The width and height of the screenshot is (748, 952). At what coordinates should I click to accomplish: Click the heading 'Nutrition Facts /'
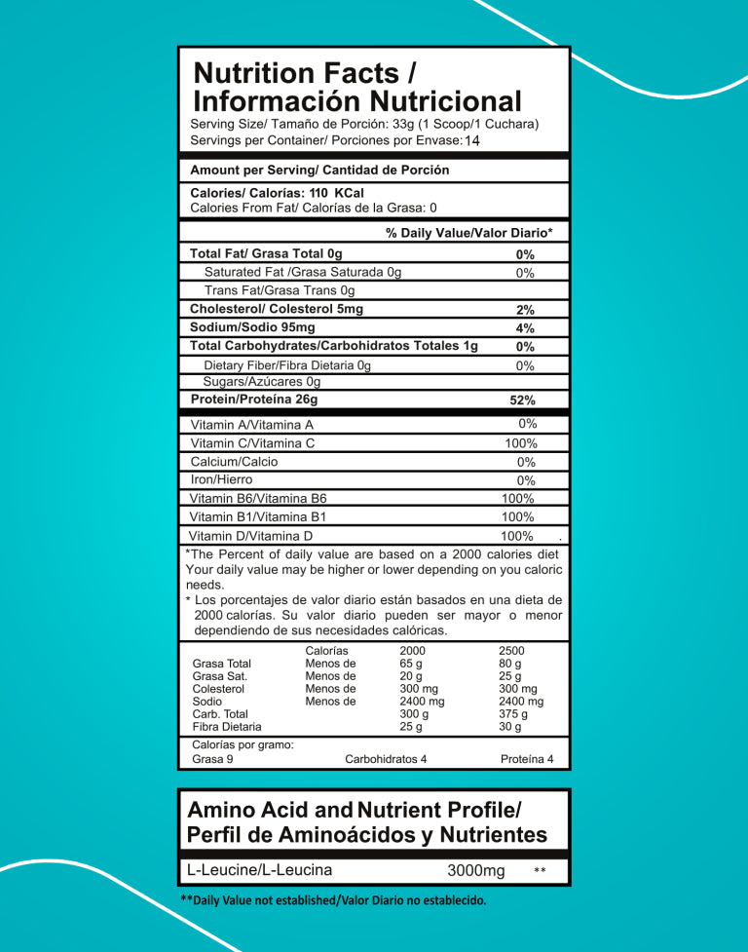296,73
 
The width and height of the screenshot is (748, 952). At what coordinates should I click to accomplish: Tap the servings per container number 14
472,141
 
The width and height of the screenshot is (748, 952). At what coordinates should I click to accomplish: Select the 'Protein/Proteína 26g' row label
254,400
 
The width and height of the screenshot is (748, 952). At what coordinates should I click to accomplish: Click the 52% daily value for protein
523,400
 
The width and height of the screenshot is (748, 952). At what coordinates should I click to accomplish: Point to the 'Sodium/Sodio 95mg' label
252,327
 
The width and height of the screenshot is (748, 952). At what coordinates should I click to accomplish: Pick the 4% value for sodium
525,328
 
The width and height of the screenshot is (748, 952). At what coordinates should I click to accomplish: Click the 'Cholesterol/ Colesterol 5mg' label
277,309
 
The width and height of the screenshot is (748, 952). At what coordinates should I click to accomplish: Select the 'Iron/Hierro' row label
221,479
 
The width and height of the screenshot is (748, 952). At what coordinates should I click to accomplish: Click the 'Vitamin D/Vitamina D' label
250,536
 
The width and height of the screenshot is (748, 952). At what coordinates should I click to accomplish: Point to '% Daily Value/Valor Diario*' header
469,233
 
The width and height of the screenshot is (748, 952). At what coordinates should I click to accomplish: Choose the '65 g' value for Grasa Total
411,664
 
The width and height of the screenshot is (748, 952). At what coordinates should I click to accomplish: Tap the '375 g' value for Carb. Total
509,713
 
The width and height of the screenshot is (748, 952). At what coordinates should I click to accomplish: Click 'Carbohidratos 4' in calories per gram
386,759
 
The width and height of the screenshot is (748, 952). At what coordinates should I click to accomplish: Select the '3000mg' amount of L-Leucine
475,870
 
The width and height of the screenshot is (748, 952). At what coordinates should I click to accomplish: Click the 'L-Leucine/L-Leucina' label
259,870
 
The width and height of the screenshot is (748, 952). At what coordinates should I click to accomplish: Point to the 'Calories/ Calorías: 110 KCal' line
277,193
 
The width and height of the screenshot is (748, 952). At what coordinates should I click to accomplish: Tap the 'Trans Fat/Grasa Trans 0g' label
280,290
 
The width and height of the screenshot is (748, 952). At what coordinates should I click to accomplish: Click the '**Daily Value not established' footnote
333,900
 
